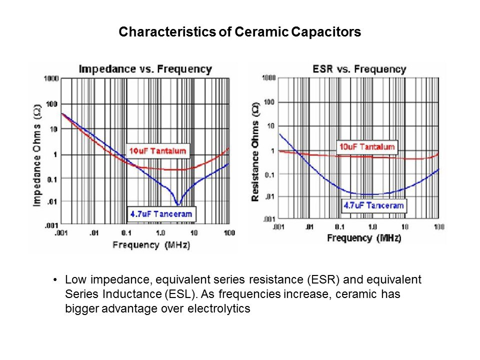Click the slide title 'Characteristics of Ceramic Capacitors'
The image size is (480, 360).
pos(239,33)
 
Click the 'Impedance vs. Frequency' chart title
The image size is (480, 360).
pos(145,69)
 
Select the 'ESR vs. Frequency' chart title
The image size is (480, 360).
pos(358,69)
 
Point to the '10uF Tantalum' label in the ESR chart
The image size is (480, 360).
pos(367,147)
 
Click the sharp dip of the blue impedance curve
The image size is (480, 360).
pos(178,204)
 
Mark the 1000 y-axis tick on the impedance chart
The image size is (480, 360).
pos(51,78)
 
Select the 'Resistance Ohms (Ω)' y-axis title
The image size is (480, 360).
pos(255,152)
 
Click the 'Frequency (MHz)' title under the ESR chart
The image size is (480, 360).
pos(364,238)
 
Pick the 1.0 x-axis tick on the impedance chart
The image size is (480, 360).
pos(161,233)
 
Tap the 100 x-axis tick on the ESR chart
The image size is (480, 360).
pos(438,227)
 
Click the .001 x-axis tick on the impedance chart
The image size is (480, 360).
pos(60,233)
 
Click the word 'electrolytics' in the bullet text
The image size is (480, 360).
pos(218,309)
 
